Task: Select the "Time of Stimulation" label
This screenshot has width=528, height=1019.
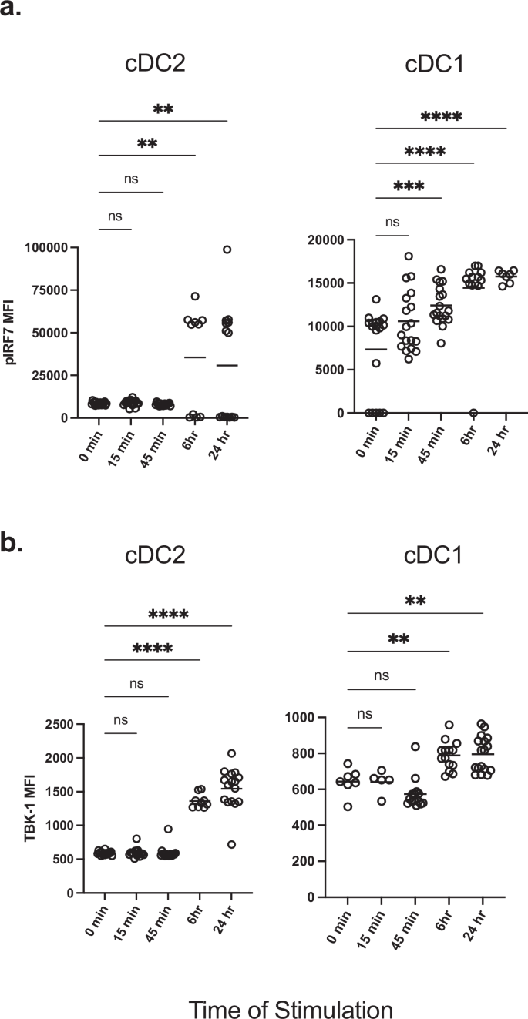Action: pos(291,987)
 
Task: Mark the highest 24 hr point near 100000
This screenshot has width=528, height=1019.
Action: pos(227,250)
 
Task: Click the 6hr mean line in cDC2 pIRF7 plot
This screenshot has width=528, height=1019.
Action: pos(195,357)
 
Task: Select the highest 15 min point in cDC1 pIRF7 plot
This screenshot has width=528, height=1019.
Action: pos(409,256)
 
